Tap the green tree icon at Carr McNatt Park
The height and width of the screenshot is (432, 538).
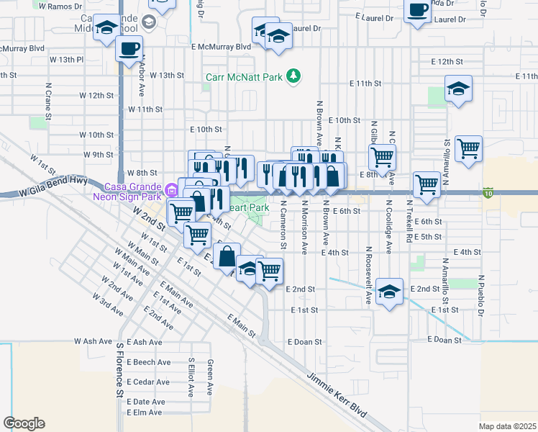coord(293,76)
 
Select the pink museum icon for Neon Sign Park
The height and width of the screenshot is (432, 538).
coord(171,191)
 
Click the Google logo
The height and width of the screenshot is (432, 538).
coord(24,423)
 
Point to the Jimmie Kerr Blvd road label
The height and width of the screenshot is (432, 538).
coord(337,397)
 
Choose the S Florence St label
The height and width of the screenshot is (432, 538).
coord(119,370)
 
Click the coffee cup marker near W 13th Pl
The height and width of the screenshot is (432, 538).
coord(129,49)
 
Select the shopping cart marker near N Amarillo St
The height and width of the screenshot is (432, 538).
coord(468,149)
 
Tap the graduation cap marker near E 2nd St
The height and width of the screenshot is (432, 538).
coord(389,292)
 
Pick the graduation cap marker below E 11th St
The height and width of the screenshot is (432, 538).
coord(457,89)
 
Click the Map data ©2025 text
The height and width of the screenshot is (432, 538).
coord(507,426)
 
